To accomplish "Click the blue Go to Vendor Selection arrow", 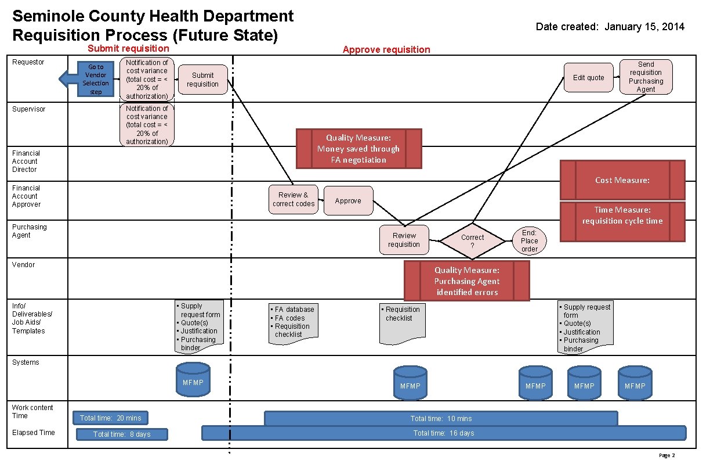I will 87,79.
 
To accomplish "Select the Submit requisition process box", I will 203,80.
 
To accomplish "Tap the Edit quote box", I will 588,78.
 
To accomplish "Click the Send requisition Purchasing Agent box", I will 646,77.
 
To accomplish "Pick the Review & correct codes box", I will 293,199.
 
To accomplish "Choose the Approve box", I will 348,201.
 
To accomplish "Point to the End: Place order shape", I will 529,240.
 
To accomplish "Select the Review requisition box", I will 404,240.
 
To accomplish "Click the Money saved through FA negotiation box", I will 358,149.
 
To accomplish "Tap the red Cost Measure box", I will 622,180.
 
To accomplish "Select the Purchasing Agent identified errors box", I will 466,281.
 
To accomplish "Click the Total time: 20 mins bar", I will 110,418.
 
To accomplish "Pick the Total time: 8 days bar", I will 122,434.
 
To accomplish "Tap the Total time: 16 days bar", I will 443,433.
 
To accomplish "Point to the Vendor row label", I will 23,265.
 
